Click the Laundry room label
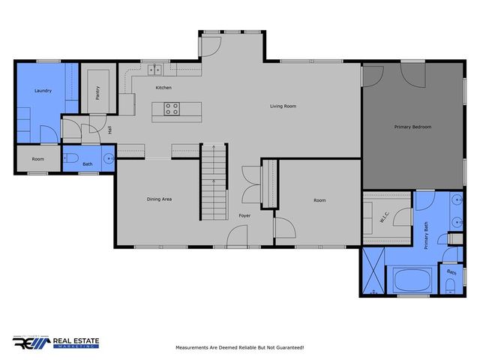(43, 91)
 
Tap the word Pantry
(97, 92)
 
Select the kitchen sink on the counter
(155, 70)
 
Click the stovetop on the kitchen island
(172, 109)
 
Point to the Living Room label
(283, 106)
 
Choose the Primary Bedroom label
(412, 127)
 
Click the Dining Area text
(159, 199)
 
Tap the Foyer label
(244, 216)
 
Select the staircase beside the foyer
(213, 181)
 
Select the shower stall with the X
(373, 268)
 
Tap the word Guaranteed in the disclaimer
(285, 348)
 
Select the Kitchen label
(163, 88)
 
